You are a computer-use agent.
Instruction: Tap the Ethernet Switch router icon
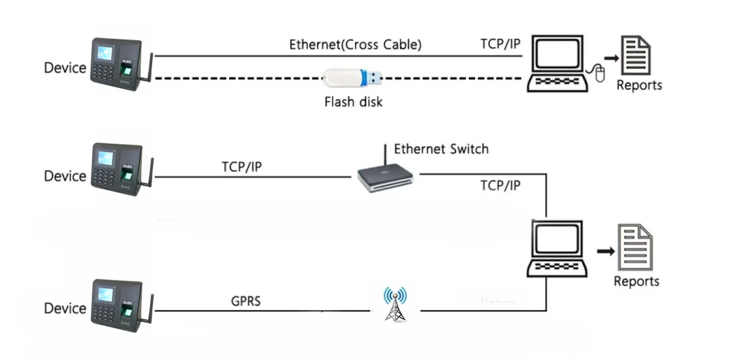coord(385,178)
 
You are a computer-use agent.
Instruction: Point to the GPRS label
coord(245,301)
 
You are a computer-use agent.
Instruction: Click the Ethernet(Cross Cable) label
coord(355,45)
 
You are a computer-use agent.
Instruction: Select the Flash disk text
coord(353,102)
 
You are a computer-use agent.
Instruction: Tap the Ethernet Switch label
coord(441,149)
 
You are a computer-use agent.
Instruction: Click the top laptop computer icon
coord(558,65)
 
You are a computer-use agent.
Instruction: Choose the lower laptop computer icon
coord(557,248)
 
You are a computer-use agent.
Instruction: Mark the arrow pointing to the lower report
coord(605,252)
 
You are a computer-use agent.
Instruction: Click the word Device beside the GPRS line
coord(65,308)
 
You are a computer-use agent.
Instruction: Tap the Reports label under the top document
coord(639,85)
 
